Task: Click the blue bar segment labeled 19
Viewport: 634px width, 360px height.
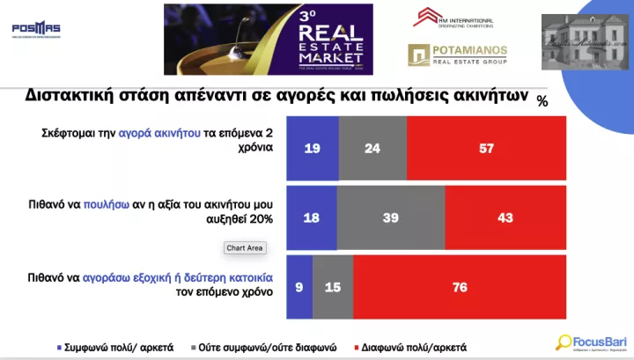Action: pyautogui.click(x=313, y=148)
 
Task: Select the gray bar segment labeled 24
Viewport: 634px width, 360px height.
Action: pyautogui.click(x=372, y=148)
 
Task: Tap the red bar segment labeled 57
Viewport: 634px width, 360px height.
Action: pyautogui.click(x=487, y=148)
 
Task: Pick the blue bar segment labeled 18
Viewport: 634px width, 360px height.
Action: pyautogui.click(x=311, y=217)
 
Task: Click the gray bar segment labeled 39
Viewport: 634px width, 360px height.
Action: pyautogui.click(x=391, y=217)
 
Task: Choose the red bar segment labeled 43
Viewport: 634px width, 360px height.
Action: pyautogui.click(x=505, y=217)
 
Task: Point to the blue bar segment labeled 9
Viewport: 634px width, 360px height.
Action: pyautogui.click(x=300, y=286)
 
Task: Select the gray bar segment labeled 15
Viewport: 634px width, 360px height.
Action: pyautogui.click(x=332, y=286)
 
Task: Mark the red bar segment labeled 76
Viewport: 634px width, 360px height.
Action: pyautogui.click(x=459, y=286)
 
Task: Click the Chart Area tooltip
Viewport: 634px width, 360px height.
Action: pyautogui.click(x=245, y=248)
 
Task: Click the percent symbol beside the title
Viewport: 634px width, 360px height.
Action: pyautogui.click(x=542, y=101)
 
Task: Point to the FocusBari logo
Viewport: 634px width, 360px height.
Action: pyautogui.click(x=590, y=342)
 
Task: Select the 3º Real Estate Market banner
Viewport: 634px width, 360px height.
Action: pyautogui.click(x=269, y=40)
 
